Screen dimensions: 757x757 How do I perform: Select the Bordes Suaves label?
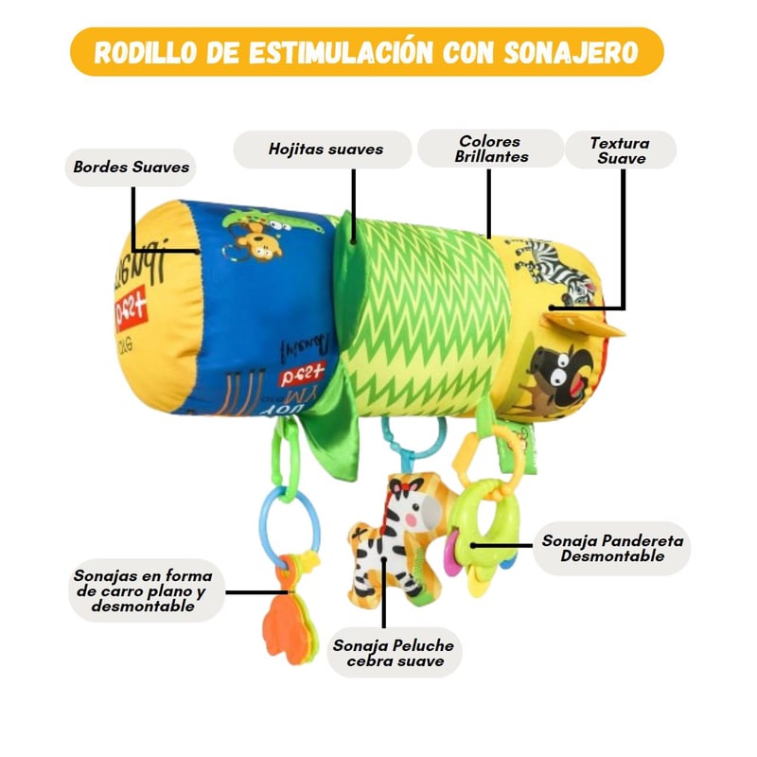(131, 167)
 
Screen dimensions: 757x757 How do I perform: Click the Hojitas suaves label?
(325, 150)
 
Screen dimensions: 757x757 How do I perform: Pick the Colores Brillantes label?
(491, 148)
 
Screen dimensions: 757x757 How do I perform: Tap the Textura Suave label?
(620, 150)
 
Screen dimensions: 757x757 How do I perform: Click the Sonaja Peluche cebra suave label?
(393, 653)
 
